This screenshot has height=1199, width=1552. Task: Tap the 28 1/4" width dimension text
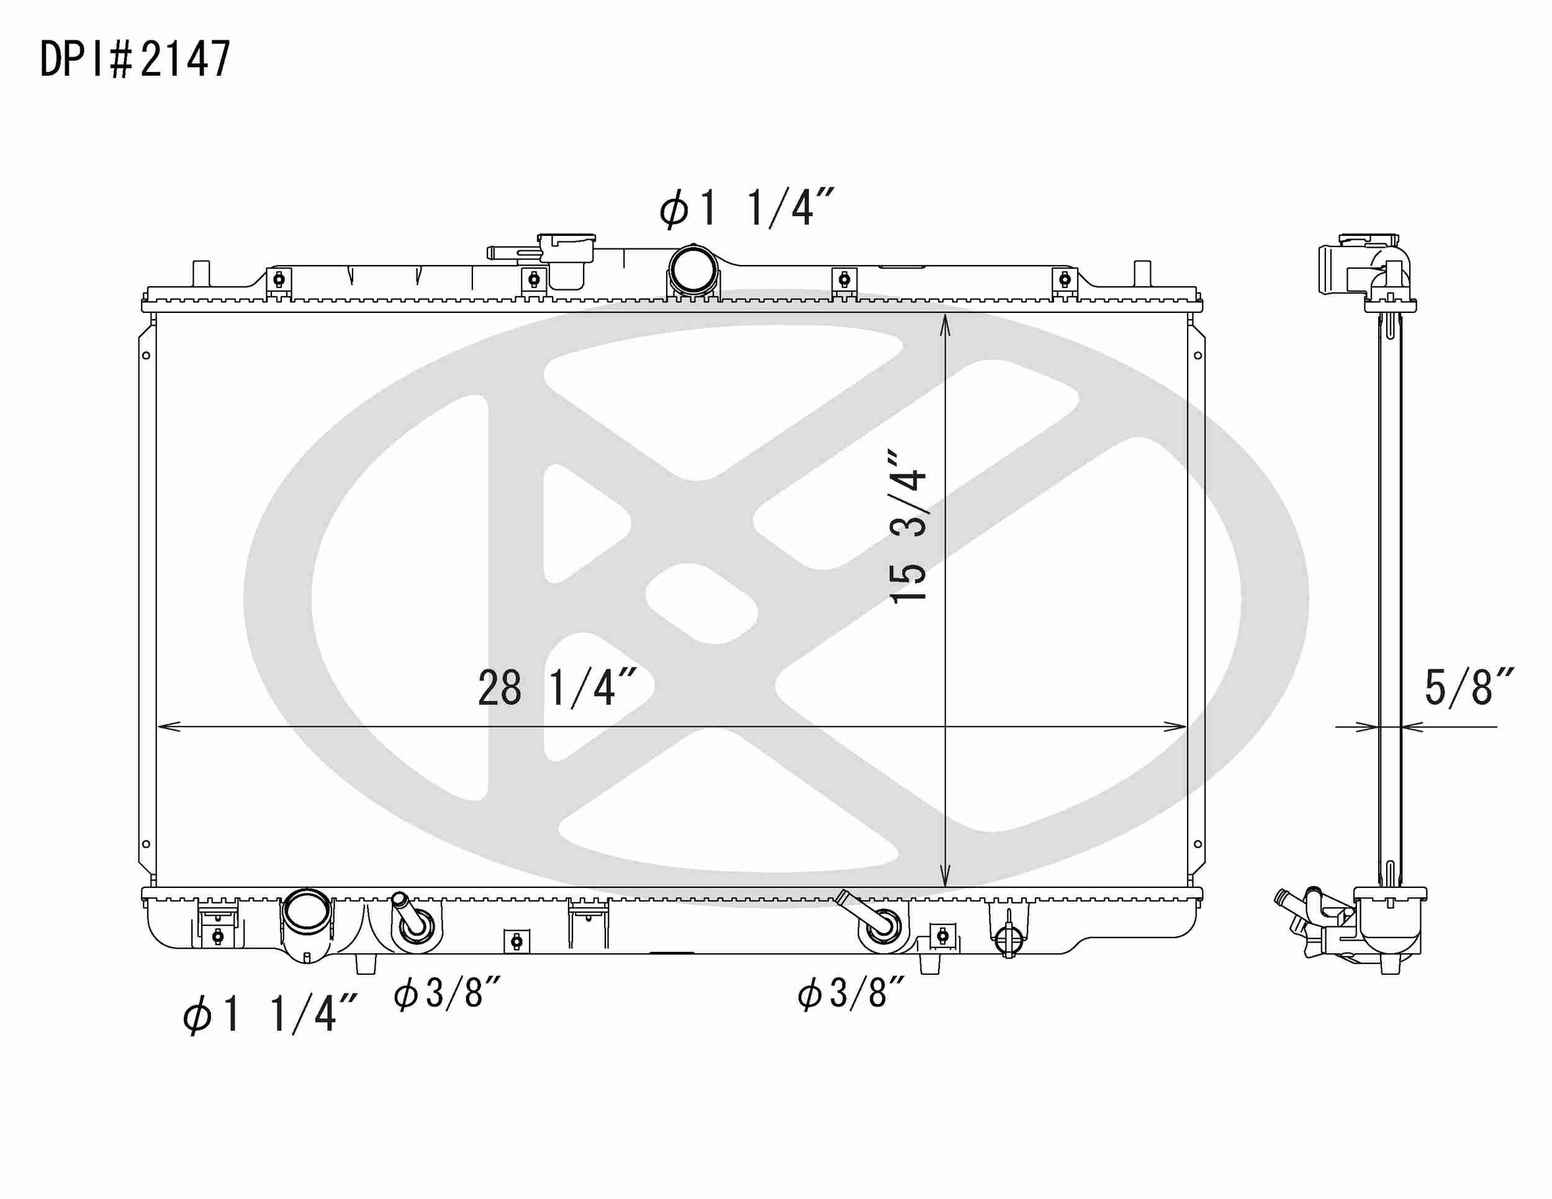point(556,687)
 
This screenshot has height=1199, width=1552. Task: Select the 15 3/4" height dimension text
point(909,526)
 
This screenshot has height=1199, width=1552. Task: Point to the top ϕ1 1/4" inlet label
point(746,208)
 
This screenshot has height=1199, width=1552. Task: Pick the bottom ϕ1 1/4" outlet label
point(269,1013)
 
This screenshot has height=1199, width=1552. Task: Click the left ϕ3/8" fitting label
point(448,993)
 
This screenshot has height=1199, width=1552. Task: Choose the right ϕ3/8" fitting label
point(851,993)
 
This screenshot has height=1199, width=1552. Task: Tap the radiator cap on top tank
point(566,249)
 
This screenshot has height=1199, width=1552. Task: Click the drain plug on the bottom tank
point(1008,939)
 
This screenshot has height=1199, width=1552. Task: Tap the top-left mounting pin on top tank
point(202,273)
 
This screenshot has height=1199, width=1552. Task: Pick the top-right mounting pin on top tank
point(1142,273)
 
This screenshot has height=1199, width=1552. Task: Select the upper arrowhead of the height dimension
point(945,324)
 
